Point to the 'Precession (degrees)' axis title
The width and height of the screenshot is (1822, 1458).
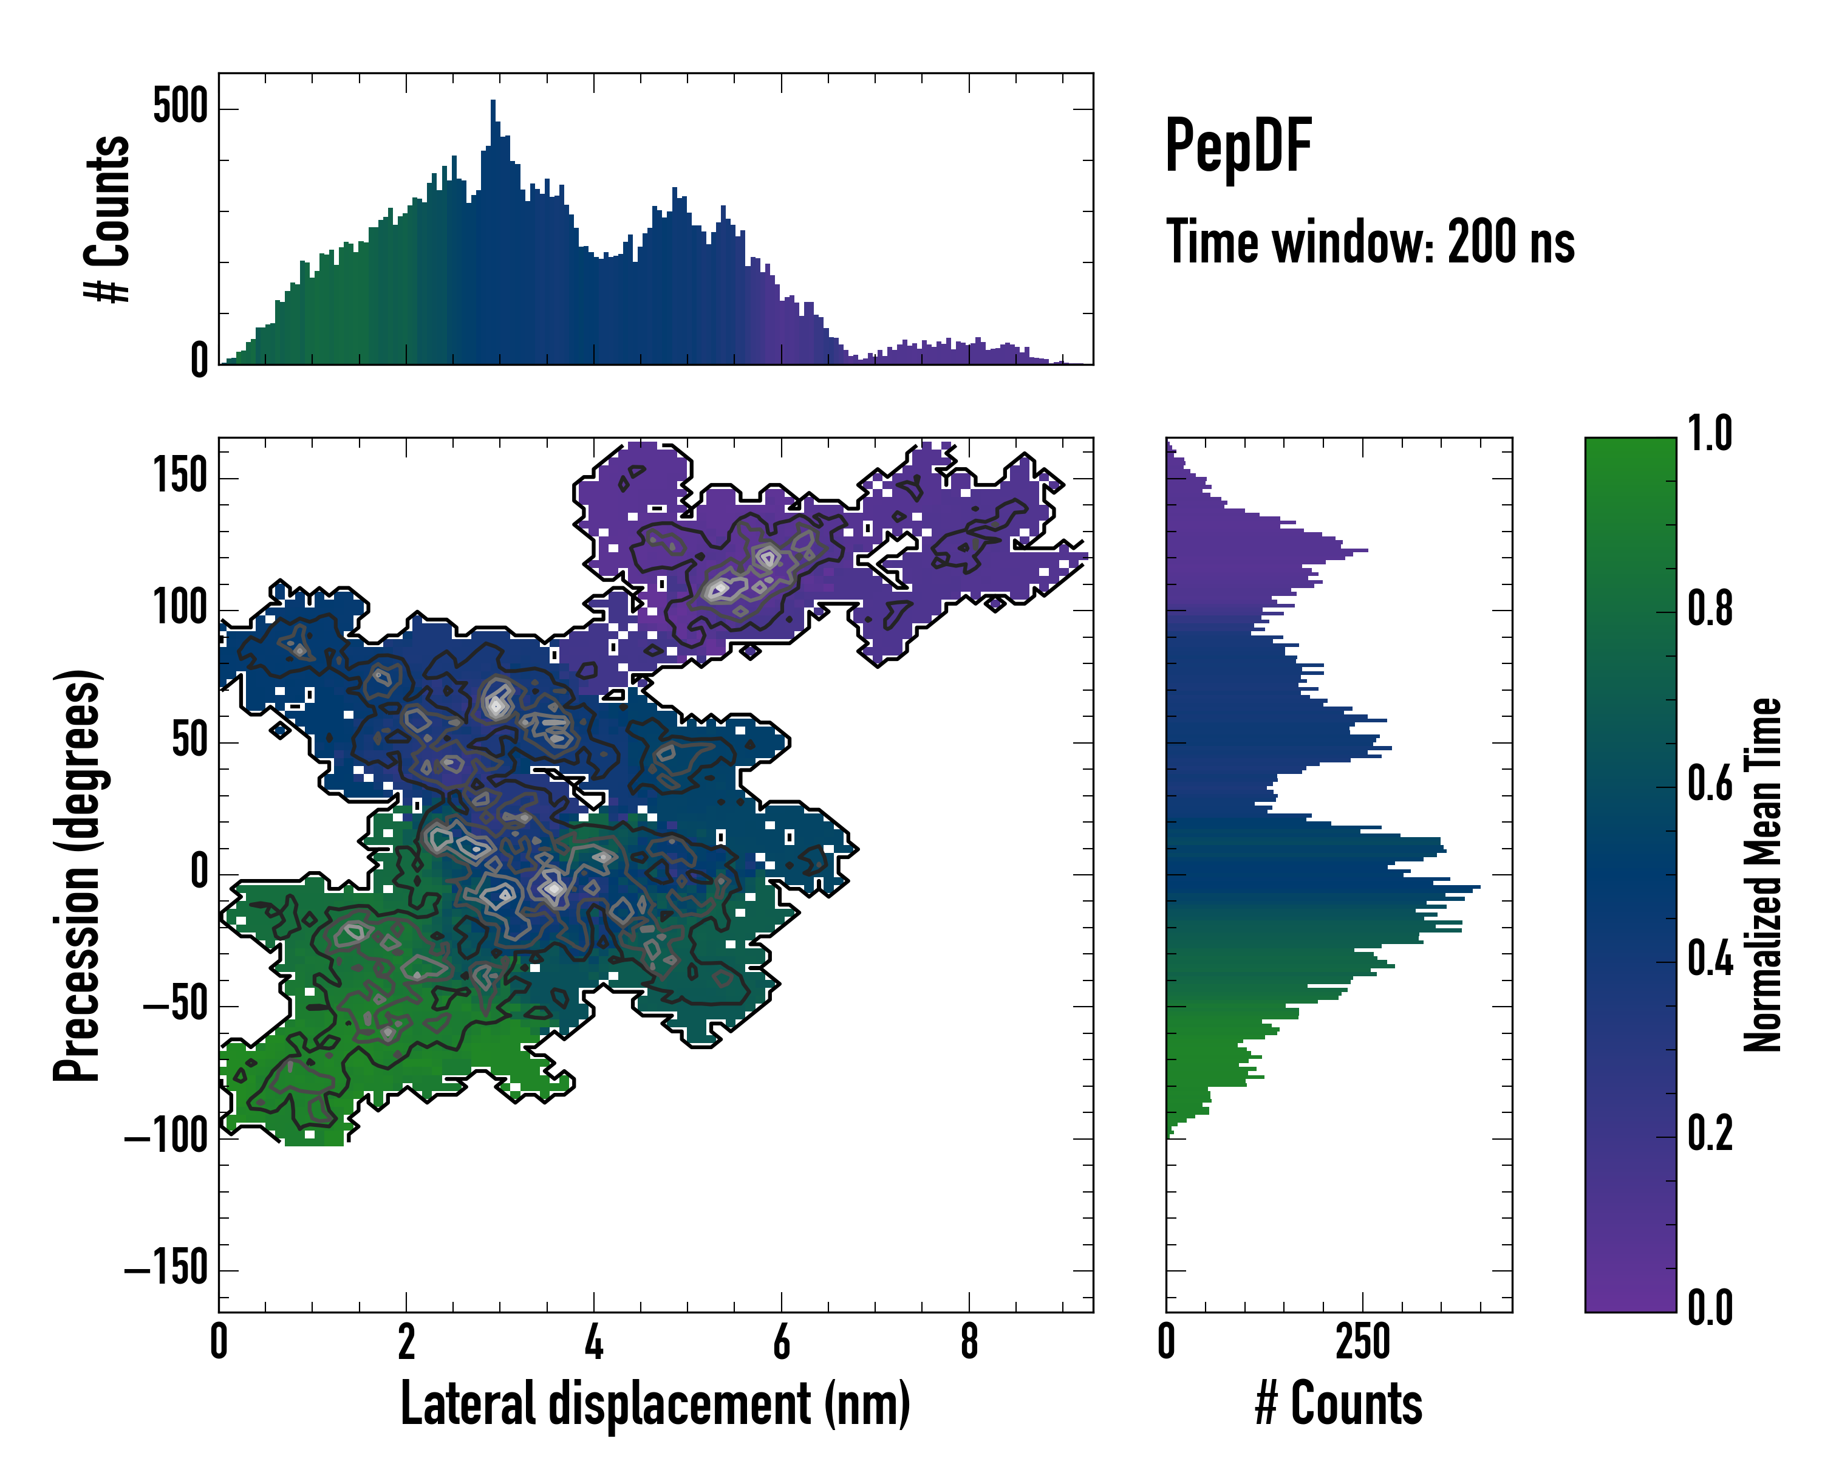[x=78, y=875]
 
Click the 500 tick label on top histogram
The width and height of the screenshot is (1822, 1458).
[x=180, y=108]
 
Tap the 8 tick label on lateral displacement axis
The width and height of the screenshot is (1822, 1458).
[x=969, y=1341]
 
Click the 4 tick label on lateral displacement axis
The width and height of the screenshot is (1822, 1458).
[x=594, y=1341]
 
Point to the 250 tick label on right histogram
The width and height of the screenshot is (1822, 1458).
[x=1362, y=1341]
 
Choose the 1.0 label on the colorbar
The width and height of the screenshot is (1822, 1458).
[x=1710, y=434]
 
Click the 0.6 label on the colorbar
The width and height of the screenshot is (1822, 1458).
[x=1710, y=784]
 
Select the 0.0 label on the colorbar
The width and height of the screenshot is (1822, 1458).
[x=1710, y=1307]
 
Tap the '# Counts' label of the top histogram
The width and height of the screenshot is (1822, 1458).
[x=108, y=219]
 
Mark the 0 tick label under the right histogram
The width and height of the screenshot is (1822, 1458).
[x=1166, y=1341]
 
